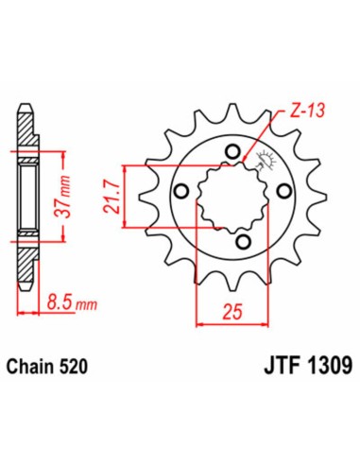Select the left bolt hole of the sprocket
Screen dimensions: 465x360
tap(180, 193)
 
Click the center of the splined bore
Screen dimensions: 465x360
tap(231, 194)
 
